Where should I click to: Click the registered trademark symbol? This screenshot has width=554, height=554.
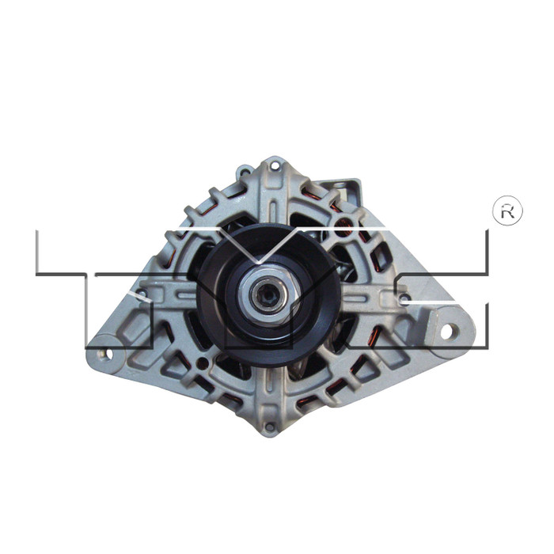507,211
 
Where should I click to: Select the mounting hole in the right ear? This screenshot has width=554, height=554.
446,330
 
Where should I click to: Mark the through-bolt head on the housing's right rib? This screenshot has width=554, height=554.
404,298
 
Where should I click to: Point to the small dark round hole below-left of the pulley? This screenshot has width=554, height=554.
203,362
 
